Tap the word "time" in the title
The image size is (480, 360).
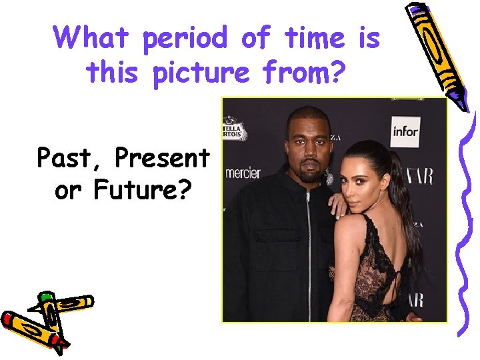313,38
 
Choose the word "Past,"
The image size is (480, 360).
71,159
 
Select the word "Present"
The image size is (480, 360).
162,158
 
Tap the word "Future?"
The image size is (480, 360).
141,191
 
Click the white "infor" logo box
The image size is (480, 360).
405,131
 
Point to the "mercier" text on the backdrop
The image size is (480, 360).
242,173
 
